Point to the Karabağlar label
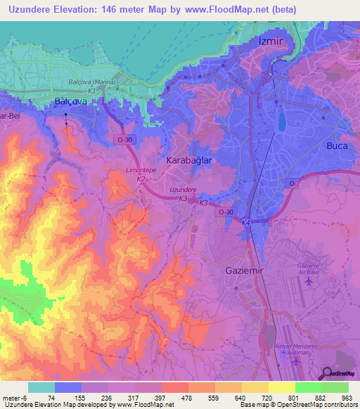pyautogui.click(x=188, y=160)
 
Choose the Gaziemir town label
pyautogui.click(x=245, y=270)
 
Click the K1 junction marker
pyautogui.click(x=91, y=91)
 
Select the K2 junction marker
pyautogui.click(x=141, y=179)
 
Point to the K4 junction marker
pyautogui.click(x=245, y=223)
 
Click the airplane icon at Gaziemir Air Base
pyautogui.click(x=309, y=281)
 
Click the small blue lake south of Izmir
pyautogui.click(x=283, y=121)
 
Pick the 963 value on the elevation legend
pyautogui.click(x=346, y=398)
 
